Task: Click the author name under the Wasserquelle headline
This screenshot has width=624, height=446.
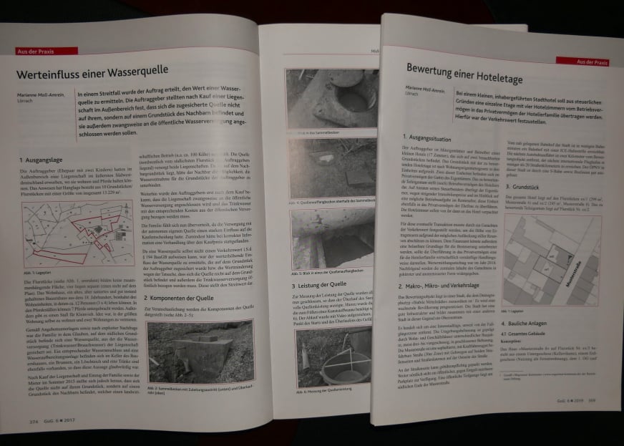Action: tap(42, 95)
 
